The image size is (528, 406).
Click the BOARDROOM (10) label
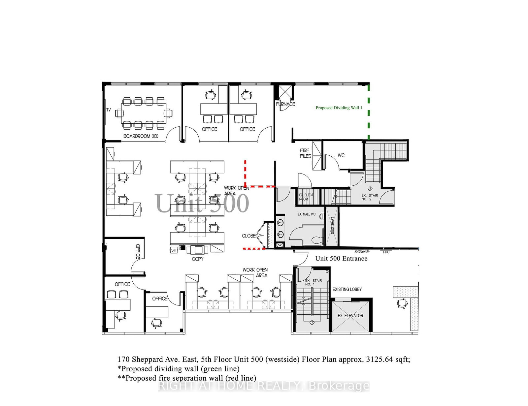pos(141,136)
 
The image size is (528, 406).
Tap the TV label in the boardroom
pos(109,110)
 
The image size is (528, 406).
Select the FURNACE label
pos(285,104)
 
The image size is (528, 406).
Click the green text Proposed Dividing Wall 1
pos(339,108)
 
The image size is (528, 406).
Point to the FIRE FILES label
pos(305,153)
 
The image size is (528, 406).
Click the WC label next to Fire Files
pos(341,155)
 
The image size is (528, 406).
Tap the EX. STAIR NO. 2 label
pos(369,197)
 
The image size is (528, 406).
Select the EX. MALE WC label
pos(307,214)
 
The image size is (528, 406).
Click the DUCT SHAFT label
pos(332,226)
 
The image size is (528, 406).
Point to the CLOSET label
pos(249,236)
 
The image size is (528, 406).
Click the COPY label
pos(198,259)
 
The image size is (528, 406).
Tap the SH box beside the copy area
pos(174,250)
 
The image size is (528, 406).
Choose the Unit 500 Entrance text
pos(341,259)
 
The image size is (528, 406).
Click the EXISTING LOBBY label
pos(347,290)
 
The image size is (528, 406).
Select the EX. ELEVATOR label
pos(350,316)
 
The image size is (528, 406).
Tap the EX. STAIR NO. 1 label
pos(313,282)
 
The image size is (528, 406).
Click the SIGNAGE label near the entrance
pos(361,252)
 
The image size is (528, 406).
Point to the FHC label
pos(386,252)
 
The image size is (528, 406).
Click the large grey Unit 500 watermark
pos(202,203)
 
